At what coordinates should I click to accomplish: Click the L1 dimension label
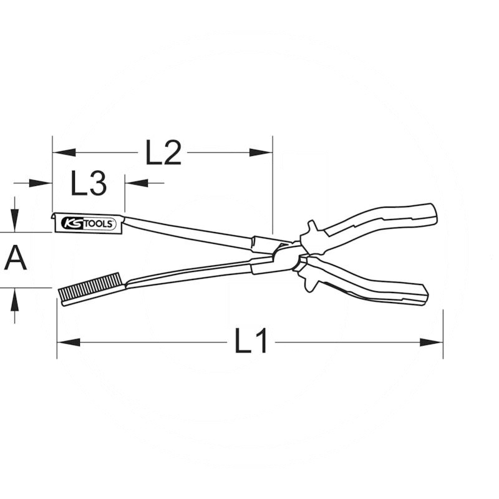point(251,341)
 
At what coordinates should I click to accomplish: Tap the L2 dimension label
point(163,152)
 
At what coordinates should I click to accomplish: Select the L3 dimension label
point(89,183)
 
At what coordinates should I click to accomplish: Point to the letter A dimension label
point(15,258)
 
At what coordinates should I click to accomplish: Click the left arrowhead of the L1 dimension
point(69,342)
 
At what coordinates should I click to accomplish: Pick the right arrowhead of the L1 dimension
point(432,342)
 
